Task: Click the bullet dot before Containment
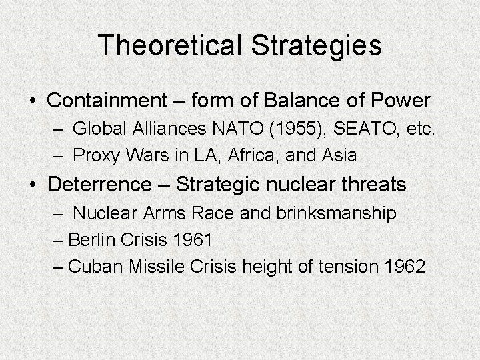click(x=34, y=101)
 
